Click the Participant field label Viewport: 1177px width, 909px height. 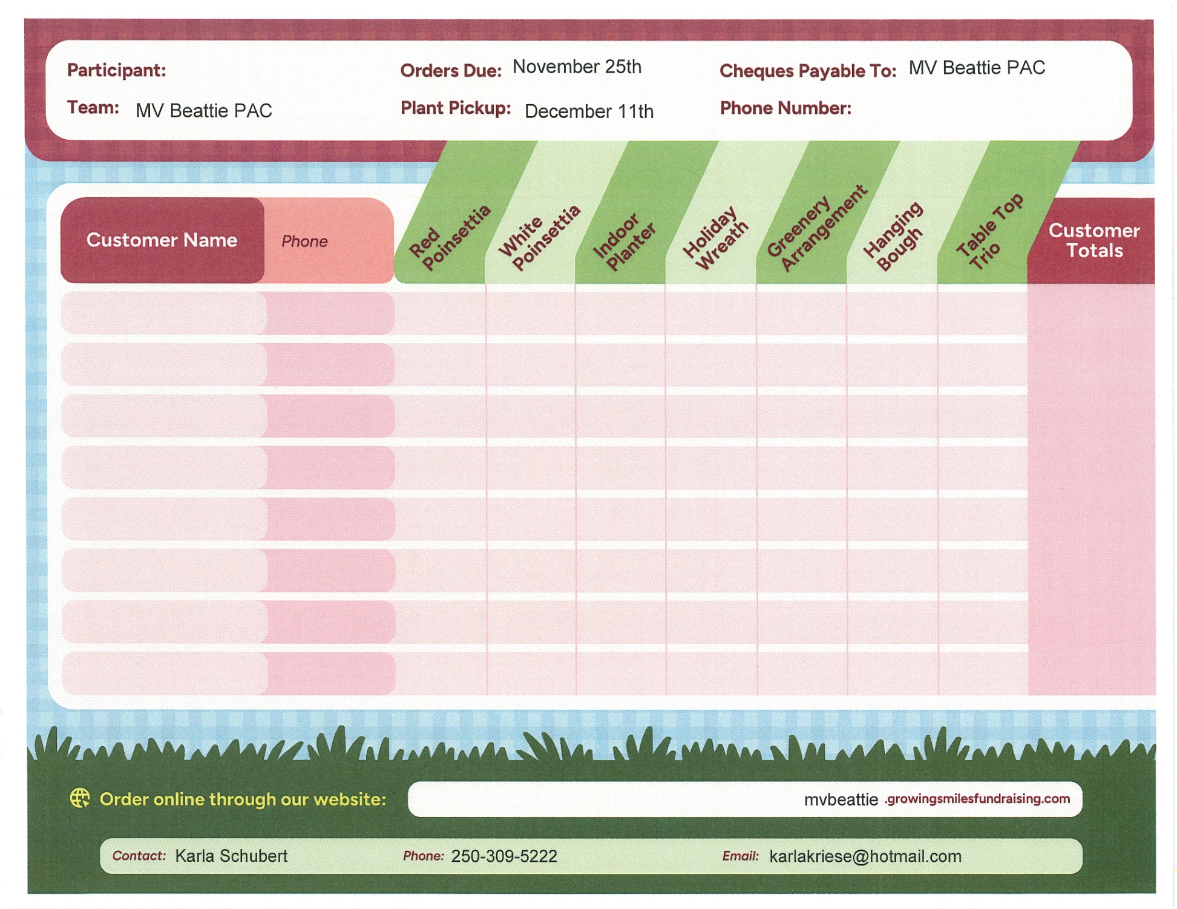point(116,70)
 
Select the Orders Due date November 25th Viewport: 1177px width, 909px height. point(577,67)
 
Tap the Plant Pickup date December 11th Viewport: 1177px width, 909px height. point(589,111)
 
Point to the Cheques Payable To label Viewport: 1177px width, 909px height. point(807,71)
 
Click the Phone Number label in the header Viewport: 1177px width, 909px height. point(785,108)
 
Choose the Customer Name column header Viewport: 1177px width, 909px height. point(162,240)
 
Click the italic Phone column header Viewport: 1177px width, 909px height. point(304,241)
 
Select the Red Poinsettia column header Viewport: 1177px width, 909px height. point(449,238)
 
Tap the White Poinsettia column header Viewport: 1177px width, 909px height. point(539,238)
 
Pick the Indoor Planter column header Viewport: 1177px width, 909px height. point(624,241)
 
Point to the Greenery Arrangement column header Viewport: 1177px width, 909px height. point(816,229)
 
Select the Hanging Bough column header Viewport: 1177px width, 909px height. point(893,236)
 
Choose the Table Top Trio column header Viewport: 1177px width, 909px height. point(988,232)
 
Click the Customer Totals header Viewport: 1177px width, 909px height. point(1093,240)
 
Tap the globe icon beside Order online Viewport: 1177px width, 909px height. point(80,798)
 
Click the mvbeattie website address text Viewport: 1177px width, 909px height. point(937,799)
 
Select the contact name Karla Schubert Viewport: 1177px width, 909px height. point(231,856)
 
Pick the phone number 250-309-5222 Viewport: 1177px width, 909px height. point(504,856)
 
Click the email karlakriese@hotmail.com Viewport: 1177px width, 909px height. point(865,856)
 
